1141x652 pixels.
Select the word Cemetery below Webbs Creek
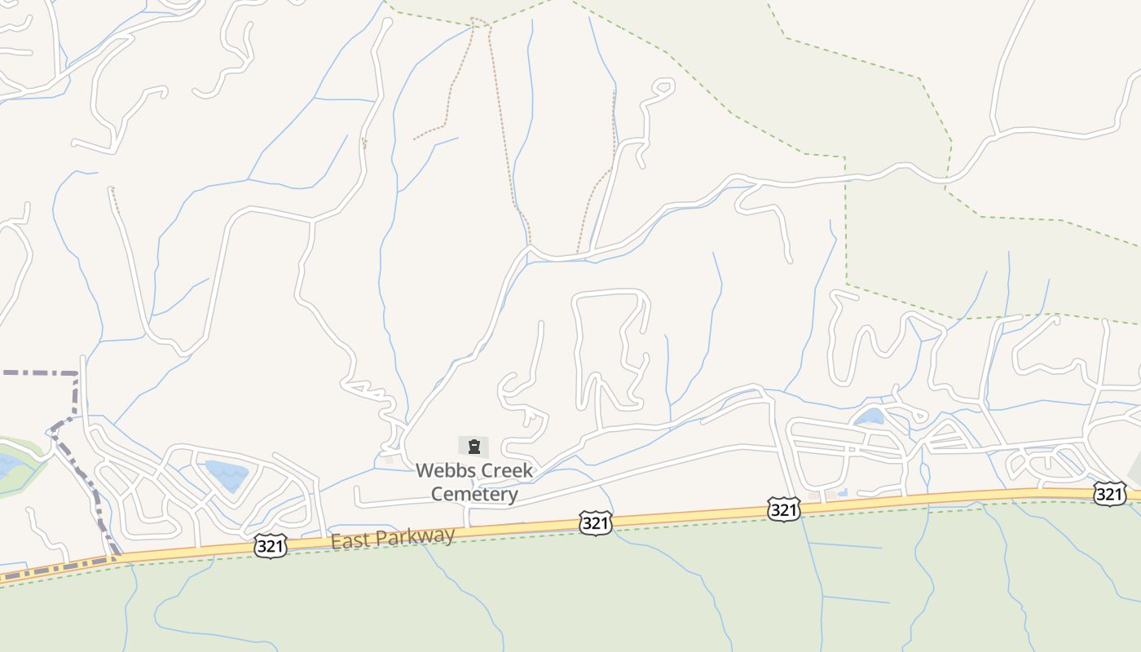coord(474,494)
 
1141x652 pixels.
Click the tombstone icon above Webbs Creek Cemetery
coord(474,446)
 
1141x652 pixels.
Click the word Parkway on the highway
coord(422,535)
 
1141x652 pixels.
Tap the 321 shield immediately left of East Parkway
coord(270,545)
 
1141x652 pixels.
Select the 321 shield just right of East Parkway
coord(596,522)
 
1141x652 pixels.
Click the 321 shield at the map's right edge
coord(1109,493)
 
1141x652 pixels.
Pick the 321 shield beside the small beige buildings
coord(783,509)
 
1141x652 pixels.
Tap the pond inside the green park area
coord(10,466)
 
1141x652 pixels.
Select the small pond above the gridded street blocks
coord(870,416)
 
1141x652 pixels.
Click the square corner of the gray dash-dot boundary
coord(76,374)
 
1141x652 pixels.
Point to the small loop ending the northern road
coord(664,86)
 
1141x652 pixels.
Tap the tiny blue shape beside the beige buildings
coord(842,492)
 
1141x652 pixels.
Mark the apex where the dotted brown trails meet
coord(481,20)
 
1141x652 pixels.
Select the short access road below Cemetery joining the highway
coord(466,516)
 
